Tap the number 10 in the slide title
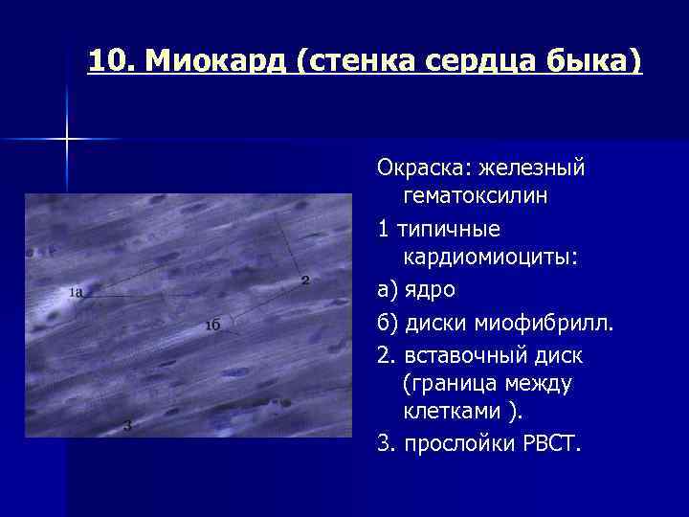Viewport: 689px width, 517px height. pyautogui.click(x=110, y=62)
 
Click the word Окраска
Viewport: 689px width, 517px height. pyautogui.click(x=420, y=168)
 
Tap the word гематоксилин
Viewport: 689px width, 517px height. pyautogui.click(x=475, y=197)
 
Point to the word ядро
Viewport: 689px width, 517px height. pyautogui.click(x=430, y=290)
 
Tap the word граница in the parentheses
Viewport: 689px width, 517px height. pyautogui.click(x=455, y=385)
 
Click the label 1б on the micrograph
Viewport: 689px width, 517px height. pyautogui.click(x=212, y=325)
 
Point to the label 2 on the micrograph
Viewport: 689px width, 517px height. pyautogui.click(x=304, y=280)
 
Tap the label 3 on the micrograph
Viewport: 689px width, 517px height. pyautogui.click(x=127, y=425)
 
